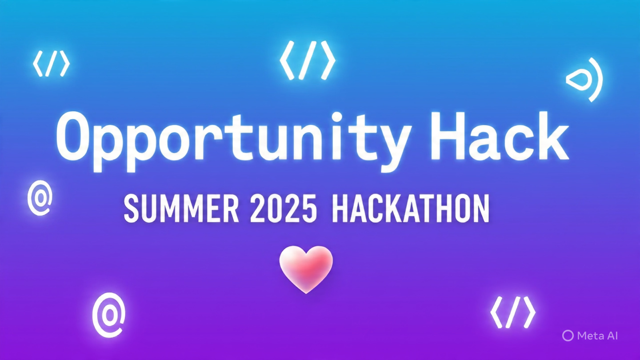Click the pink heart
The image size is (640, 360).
point(306,267)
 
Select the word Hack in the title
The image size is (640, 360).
point(500,136)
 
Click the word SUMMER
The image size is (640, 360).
point(181,208)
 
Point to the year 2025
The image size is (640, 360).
point(284,208)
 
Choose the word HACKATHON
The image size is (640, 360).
point(411,208)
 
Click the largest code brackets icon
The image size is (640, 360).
point(308,60)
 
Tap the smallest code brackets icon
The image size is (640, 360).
point(52,64)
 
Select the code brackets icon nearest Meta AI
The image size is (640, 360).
point(513,312)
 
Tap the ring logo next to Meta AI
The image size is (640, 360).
point(564,336)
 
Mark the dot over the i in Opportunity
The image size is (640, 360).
point(337,116)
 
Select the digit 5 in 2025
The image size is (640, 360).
point(309,209)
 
